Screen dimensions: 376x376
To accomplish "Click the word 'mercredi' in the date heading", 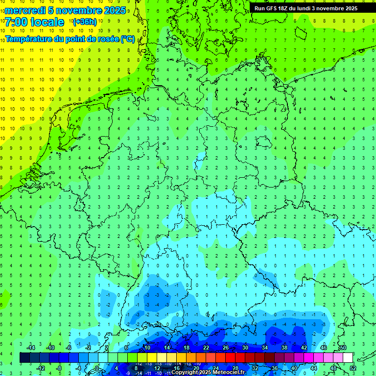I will click(x=25, y=10).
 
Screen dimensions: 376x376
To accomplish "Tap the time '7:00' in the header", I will click(x=17, y=22).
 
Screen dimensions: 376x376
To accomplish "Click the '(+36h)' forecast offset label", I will click(x=85, y=22).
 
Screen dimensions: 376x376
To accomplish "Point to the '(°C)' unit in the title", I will click(x=128, y=39).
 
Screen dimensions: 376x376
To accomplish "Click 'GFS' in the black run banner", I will click(x=274, y=8).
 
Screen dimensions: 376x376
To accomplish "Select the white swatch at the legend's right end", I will click(x=348, y=357).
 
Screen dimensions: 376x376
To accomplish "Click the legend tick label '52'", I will click(x=353, y=368).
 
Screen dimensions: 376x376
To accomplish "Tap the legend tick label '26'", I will click(x=226, y=348).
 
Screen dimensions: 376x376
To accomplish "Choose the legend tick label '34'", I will click(x=265, y=348).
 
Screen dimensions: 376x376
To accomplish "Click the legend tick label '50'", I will click(x=343, y=348).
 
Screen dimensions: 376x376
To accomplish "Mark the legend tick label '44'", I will click(x=314, y=368).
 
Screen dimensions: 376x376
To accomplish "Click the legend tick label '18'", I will click(x=187, y=348).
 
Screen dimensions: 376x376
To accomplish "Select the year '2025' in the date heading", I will click(x=115, y=10).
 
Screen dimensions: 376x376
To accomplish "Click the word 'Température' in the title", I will click(x=30, y=39).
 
